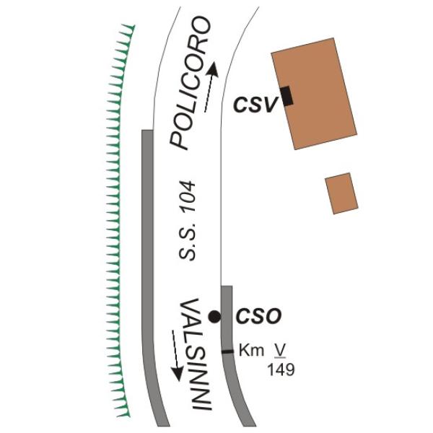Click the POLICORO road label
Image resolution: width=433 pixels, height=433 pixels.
[x=190, y=83]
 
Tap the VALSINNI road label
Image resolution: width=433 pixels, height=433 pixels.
[x=196, y=354]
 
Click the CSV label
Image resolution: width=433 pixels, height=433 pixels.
[x=255, y=105]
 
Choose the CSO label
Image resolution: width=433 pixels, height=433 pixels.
[x=259, y=316]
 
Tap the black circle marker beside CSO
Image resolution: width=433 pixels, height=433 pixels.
[x=214, y=317]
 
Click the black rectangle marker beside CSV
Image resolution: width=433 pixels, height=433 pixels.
[x=287, y=96]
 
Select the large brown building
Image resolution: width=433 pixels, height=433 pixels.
[x=314, y=94]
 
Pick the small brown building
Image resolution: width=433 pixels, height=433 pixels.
[x=341, y=193]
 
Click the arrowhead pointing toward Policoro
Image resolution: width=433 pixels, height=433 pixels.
[x=213, y=69]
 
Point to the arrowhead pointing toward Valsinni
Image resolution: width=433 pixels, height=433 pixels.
[x=177, y=374]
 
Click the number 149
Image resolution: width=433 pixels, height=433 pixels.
[x=281, y=369]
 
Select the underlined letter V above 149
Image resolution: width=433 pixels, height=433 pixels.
[x=279, y=351]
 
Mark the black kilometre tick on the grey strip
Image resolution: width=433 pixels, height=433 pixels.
[x=228, y=351]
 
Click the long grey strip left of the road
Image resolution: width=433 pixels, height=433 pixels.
[x=149, y=276]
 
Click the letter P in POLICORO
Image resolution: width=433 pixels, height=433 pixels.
[x=179, y=141]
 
